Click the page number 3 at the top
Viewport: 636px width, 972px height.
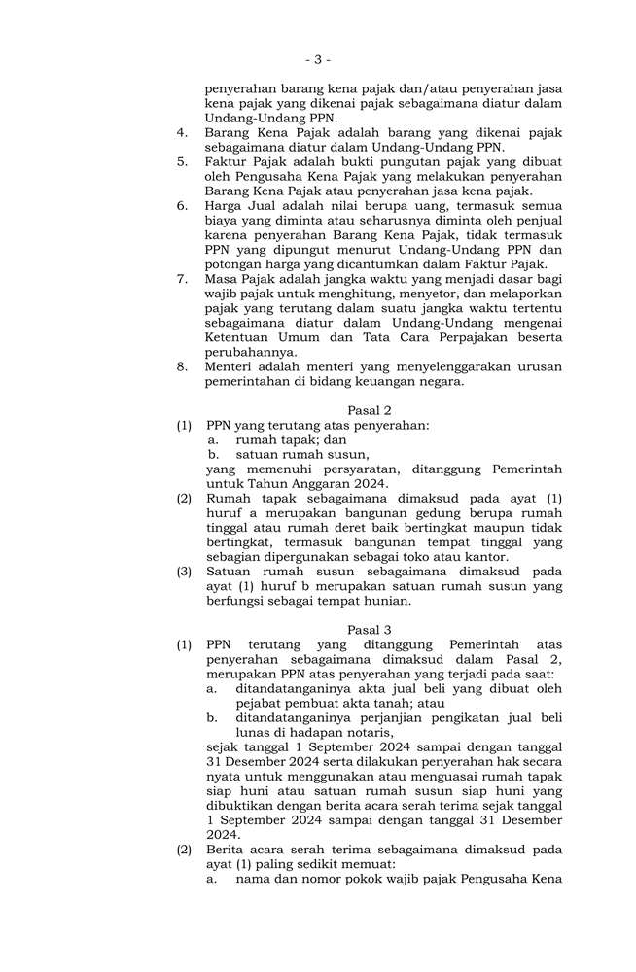point(318,59)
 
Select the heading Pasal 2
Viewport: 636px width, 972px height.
point(369,410)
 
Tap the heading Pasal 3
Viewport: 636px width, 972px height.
point(369,630)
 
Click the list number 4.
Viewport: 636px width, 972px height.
point(182,132)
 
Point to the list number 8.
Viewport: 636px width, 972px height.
point(182,366)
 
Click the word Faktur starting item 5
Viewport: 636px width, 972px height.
point(226,162)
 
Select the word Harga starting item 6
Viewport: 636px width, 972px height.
point(225,206)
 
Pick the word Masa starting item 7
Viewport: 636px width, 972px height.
point(223,279)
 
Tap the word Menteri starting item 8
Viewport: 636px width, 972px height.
point(230,366)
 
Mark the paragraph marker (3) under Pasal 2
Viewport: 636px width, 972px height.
point(184,572)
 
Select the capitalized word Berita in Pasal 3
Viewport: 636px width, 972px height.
point(227,850)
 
